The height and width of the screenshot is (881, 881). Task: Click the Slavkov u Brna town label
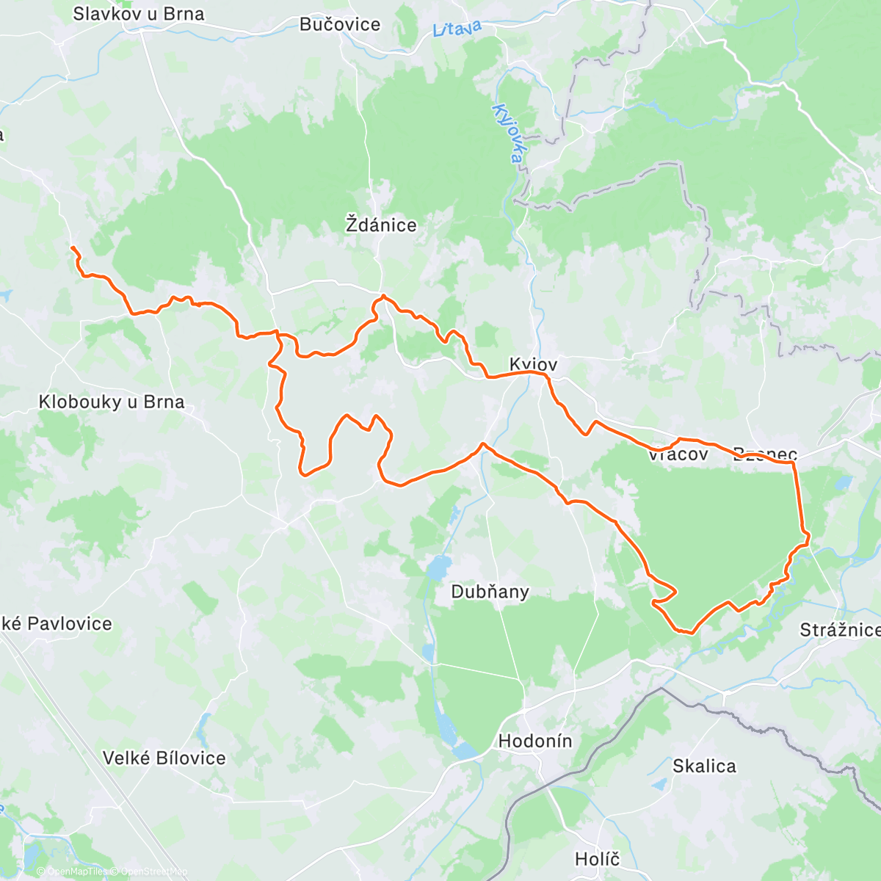click(139, 14)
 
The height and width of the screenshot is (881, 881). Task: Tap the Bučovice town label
click(340, 24)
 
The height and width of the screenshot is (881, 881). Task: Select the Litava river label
click(457, 29)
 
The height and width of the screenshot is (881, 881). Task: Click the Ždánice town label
click(381, 225)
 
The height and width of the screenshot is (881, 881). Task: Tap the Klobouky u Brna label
click(112, 402)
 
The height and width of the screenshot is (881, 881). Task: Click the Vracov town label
click(678, 454)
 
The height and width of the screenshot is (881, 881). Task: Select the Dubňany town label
click(490, 592)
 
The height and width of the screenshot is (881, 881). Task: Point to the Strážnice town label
click(839, 630)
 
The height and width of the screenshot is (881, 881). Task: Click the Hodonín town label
click(534, 741)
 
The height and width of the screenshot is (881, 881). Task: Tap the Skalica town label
click(704, 766)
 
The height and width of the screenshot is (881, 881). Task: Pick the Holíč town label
click(597, 859)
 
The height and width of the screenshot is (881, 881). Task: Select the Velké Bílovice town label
click(164, 758)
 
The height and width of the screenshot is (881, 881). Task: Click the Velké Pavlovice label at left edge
click(57, 624)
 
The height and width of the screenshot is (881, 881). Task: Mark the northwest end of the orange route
click(72, 249)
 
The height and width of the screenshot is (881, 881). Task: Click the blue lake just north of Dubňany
click(438, 568)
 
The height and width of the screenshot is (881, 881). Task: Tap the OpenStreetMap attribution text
click(154, 872)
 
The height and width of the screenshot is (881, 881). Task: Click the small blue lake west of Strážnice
click(842, 483)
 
